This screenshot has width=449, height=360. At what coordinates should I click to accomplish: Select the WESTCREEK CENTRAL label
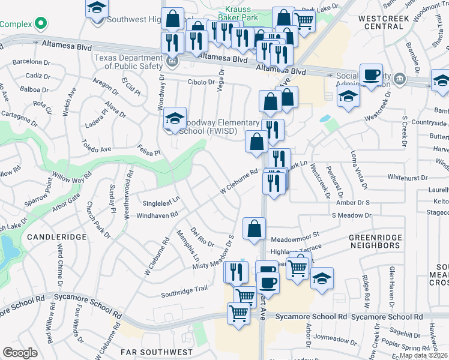click(384, 22)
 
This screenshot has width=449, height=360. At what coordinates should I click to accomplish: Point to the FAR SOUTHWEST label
click(157, 352)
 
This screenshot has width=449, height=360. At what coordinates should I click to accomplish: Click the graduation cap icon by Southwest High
click(96, 8)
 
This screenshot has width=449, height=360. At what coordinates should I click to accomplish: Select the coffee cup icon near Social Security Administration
click(371, 74)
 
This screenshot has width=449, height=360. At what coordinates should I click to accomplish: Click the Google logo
click(20, 353)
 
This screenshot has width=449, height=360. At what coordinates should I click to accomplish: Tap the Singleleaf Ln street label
click(160, 200)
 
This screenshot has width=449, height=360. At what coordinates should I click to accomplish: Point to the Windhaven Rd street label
click(157, 215)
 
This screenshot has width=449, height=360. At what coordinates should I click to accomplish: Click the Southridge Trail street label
click(184, 292)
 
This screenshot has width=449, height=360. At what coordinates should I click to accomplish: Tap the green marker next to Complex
click(40, 24)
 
